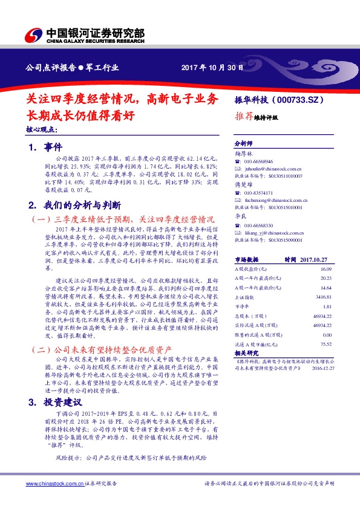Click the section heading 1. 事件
(x=45, y=147)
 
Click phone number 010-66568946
(x=259, y=162)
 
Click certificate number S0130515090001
(x=282, y=239)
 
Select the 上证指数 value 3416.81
(x=324, y=297)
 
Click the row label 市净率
(x=242, y=307)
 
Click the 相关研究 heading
(x=246, y=352)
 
